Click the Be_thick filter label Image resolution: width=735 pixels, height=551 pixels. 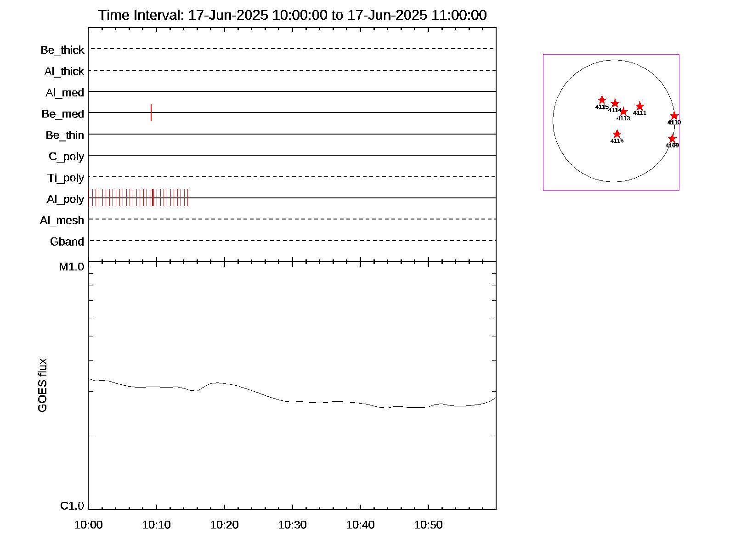(x=62, y=50)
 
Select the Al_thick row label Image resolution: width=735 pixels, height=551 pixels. (x=64, y=72)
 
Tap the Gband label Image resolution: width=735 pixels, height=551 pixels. (x=67, y=242)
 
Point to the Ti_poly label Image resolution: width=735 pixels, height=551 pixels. (x=66, y=178)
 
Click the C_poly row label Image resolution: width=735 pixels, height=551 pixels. (x=67, y=157)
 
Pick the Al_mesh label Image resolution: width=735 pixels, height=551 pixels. (x=62, y=221)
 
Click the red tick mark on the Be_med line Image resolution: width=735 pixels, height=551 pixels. (x=151, y=112)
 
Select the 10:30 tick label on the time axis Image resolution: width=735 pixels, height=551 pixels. (x=292, y=525)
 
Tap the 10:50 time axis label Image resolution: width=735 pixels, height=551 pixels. (x=428, y=525)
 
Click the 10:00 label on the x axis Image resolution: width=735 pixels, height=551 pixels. (x=88, y=525)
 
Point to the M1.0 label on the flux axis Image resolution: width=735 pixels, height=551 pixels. (x=72, y=267)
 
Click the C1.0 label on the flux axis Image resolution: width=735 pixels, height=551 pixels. (x=72, y=506)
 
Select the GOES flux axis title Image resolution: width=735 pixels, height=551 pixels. (x=43, y=386)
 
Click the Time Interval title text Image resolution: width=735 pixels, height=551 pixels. (x=292, y=15)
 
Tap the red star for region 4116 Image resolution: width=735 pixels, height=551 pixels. (x=617, y=134)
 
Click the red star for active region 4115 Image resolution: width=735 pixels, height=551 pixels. (x=602, y=100)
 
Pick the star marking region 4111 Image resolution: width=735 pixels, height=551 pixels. (x=640, y=107)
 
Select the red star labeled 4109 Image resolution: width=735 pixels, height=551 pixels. (x=672, y=139)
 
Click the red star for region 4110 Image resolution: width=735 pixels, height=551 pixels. (x=674, y=116)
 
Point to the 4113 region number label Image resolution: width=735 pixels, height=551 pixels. (x=623, y=118)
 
